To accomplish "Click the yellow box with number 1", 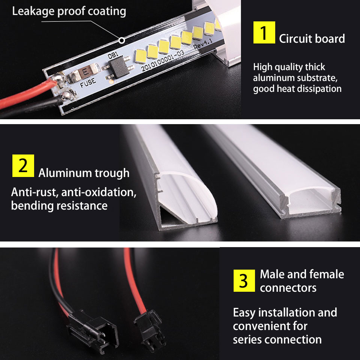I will coord(264,33).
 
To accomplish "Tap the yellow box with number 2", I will coord(23,165).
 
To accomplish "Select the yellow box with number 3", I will coord(244,280).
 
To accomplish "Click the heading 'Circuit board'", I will coord(312,39).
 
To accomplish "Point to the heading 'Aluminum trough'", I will coord(84,173).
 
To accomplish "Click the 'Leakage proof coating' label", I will coord(69,11).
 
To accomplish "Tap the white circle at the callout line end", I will coord(121,39).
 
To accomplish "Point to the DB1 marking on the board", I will coord(113,55).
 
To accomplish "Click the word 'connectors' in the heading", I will coord(288,288).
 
